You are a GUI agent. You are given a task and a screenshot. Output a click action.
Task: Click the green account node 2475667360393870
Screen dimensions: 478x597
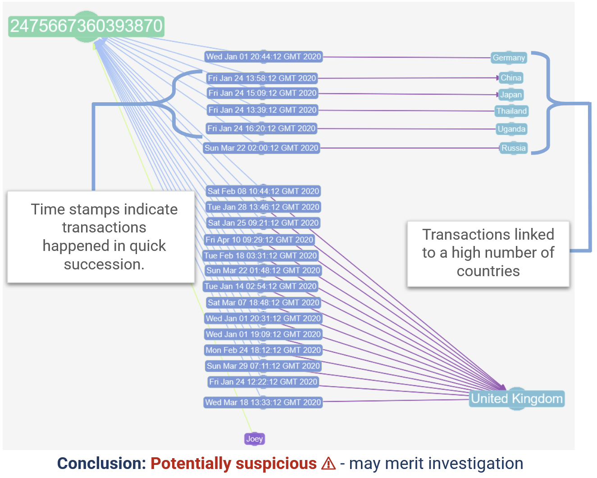(x=86, y=26)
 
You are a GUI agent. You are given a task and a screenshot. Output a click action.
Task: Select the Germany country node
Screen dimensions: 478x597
(x=509, y=58)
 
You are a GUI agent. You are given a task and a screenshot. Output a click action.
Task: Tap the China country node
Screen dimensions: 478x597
(x=511, y=78)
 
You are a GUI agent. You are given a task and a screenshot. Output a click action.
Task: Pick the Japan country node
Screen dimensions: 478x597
(x=511, y=95)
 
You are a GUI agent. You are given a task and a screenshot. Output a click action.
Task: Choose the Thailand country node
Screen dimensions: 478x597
(x=511, y=111)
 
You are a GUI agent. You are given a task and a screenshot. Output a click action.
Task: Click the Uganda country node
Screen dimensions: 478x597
(x=511, y=129)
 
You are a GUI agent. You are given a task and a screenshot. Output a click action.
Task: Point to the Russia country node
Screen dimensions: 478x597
(x=513, y=148)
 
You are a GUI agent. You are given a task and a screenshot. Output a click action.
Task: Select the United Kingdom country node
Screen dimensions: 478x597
(x=517, y=399)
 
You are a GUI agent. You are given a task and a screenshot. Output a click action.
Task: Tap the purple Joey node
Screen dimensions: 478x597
(x=255, y=439)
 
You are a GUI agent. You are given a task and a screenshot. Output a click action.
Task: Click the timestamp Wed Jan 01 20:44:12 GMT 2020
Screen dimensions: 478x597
(x=264, y=57)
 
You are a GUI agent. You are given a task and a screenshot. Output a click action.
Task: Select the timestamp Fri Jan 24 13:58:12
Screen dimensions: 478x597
(x=262, y=78)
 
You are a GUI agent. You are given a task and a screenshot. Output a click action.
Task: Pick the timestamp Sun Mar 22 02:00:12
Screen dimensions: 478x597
(x=261, y=148)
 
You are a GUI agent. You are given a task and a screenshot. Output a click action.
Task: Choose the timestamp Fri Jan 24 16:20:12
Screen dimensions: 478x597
(x=261, y=129)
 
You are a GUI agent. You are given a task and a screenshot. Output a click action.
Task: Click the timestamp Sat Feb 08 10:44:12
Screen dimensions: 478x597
(x=263, y=191)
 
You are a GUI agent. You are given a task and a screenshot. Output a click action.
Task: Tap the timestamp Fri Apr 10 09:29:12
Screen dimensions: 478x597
(x=259, y=240)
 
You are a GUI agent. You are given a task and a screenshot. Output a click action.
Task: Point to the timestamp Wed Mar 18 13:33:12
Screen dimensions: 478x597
(x=263, y=402)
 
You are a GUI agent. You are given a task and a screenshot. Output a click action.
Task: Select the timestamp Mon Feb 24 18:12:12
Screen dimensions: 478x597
(x=263, y=351)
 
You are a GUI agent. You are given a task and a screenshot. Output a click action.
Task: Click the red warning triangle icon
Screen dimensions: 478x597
(x=328, y=464)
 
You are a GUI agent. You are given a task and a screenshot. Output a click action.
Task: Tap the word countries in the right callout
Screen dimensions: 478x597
(x=488, y=271)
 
